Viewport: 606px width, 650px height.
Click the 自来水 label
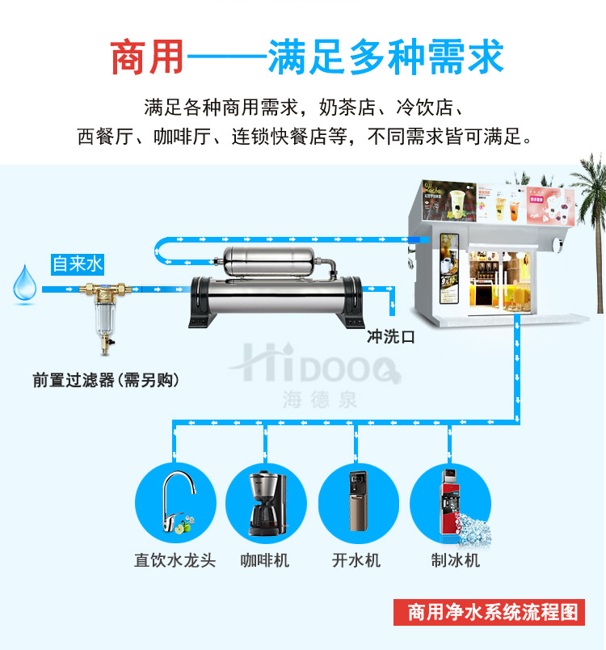(x=78, y=264)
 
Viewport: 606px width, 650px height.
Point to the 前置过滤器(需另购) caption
(x=106, y=379)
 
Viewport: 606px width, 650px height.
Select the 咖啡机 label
(x=265, y=560)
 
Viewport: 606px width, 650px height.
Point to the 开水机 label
(x=356, y=560)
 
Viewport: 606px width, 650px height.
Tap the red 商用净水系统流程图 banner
(x=488, y=611)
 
